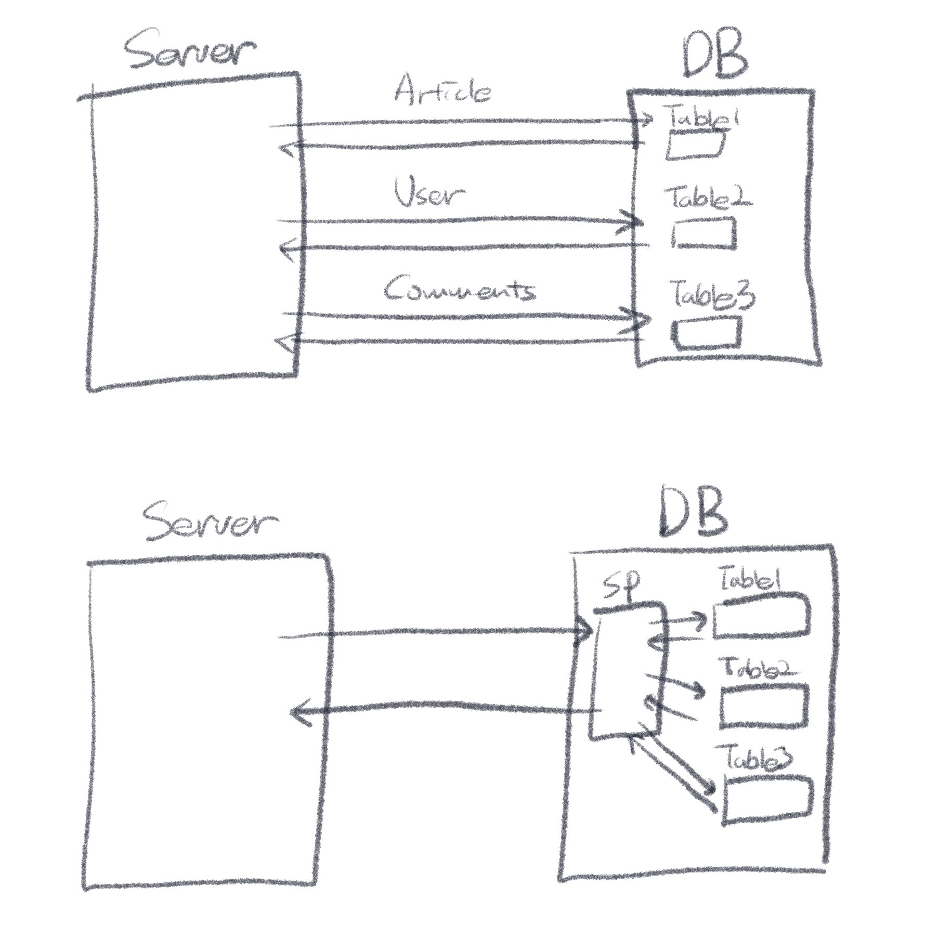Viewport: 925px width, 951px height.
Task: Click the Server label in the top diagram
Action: coord(190,54)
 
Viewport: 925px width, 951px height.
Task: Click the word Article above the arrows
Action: coord(442,90)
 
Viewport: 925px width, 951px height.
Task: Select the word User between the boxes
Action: coord(428,193)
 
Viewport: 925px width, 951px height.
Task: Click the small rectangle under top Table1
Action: coord(695,145)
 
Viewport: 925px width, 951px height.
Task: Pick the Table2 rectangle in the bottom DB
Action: coord(764,706)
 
